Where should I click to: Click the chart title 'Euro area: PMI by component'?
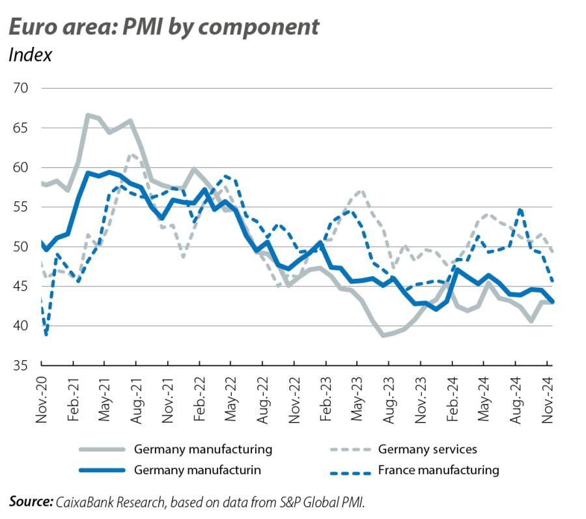(x=163, y=27)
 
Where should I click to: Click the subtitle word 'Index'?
(x=30, y=55)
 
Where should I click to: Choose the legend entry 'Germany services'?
(x=427, y=449)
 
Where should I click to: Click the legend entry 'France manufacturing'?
(x=438, y=470)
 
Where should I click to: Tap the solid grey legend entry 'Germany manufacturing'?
(x=202, y=449)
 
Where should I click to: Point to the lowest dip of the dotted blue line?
(x=46, y=335)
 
